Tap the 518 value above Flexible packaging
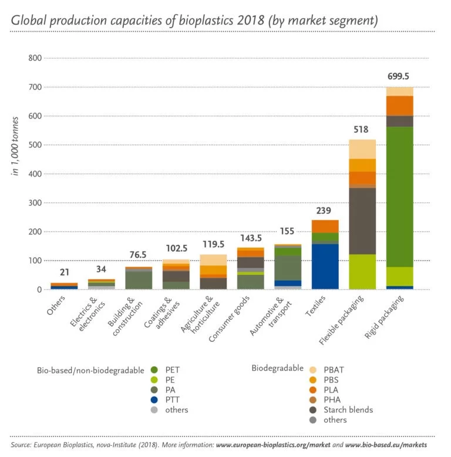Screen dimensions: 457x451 (362, 129)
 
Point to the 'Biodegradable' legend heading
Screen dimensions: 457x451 (277, 368)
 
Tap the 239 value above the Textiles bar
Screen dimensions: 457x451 (325, 211)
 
